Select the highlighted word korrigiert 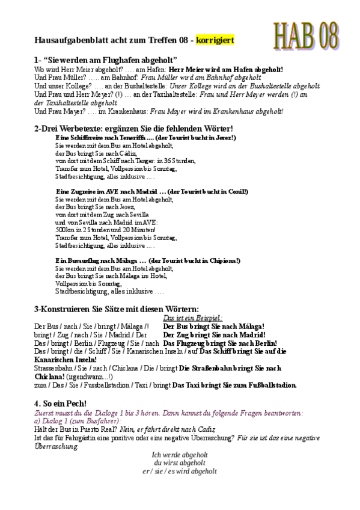pos(215,40)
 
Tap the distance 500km pos(64,230)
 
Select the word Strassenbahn pos(53,367)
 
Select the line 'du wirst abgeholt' pos(180,463)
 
